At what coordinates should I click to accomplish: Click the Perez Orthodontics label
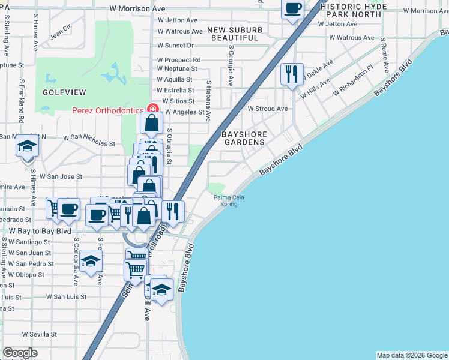coord(107,110)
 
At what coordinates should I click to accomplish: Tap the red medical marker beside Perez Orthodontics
coord(153,109)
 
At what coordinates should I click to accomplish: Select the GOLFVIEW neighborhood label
coord(64,92)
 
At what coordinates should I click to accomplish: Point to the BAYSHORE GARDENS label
coord(244,137)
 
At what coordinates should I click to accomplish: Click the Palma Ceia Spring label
coord(226,200)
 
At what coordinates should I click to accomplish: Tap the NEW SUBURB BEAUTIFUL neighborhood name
coord(234,33)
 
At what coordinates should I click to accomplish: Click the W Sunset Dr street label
coord(176,45)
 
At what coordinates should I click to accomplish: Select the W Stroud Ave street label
coord(268,109)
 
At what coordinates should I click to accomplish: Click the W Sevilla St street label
coord(40,334)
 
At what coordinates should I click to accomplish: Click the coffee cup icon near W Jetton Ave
coord(292,8)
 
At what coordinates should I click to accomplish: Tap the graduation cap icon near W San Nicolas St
coord(27,146)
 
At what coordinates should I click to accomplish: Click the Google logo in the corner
coord(20,353)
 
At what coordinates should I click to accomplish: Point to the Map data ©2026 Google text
coord(411,355)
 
